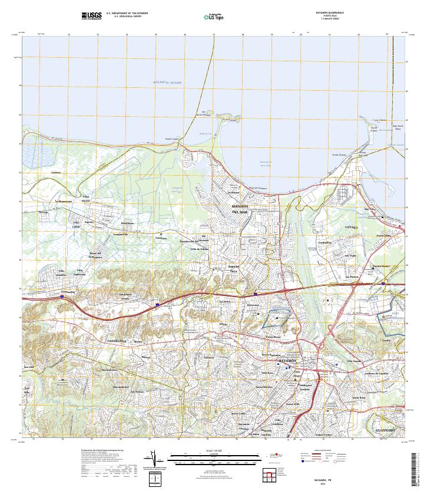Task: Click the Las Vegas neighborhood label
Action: pos(350,256)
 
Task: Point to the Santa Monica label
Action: pos(263,387)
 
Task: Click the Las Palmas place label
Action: pos(352,277)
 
